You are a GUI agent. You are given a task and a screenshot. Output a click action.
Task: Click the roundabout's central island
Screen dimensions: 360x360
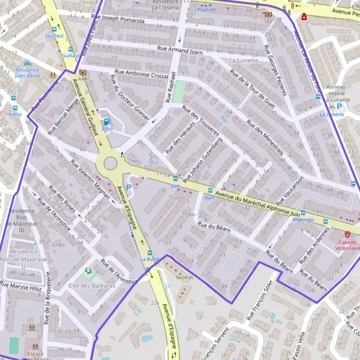click(110, 164)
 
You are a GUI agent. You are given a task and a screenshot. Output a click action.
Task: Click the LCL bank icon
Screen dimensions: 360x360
click(267, 14)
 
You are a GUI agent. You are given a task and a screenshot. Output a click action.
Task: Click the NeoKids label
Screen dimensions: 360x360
click(185, 278)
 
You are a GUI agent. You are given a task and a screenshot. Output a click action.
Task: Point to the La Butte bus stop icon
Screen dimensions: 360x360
click(149, 253)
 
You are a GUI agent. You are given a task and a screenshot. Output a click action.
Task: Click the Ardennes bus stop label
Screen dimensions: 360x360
click(303, 220)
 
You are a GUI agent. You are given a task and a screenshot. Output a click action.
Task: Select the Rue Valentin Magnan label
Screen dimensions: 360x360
click(91, 179)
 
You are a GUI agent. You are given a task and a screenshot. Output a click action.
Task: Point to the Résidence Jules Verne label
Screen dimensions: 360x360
click(27, 73)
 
